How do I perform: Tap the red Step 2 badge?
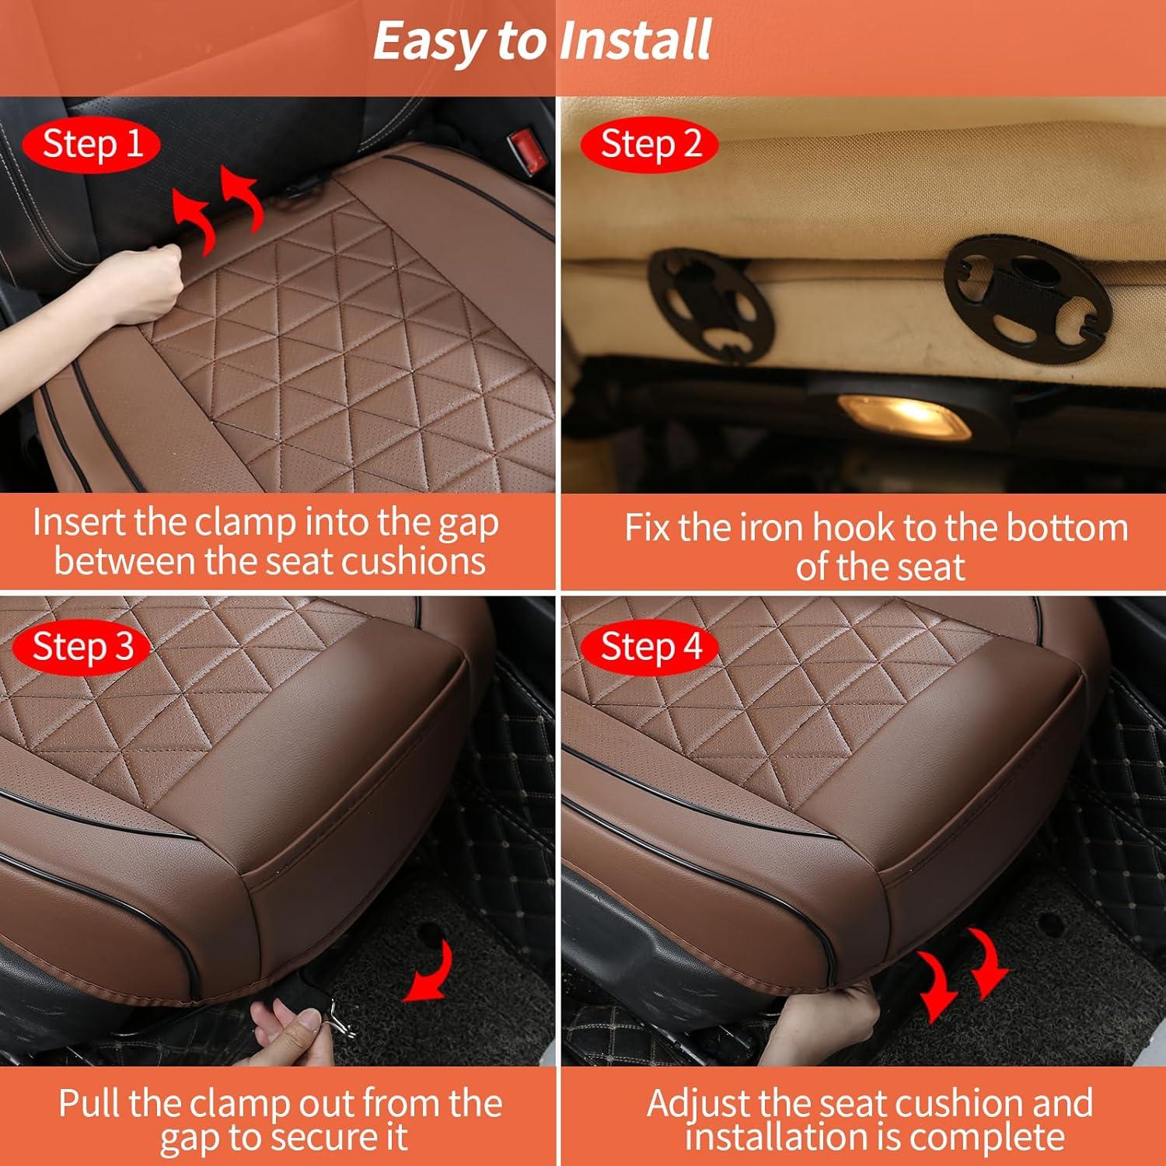pyautogui.click(x=651, y=145)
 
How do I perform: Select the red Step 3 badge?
pyautogui.click(x=82, y=647)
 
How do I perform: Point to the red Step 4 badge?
pyautogui.click(x=651, y=647)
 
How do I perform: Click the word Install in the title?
pyautogui.click(x=634, y=40)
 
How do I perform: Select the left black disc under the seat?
pyautogui.click(x=710, y=305)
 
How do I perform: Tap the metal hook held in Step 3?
pyautogui.click(x=340, y=1017)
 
